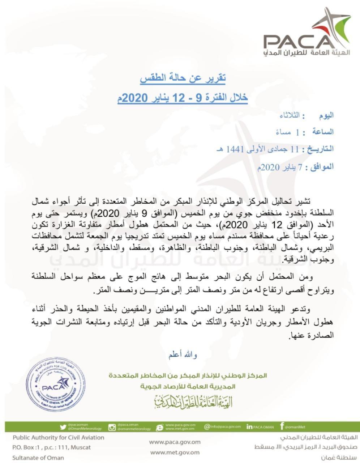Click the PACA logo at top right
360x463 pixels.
click(307, 34)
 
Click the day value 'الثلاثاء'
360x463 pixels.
click(289, 116)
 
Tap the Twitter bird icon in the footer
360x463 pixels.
click(63, 427)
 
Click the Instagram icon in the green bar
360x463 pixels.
click(112, 427)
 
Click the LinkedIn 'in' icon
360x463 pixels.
click(249, 427)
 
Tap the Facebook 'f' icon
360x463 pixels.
click(282, 426)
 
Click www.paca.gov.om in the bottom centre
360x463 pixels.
click(175, 442)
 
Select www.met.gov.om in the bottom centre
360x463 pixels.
click(175, 452)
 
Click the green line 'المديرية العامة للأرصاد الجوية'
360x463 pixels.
click(188, 387)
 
